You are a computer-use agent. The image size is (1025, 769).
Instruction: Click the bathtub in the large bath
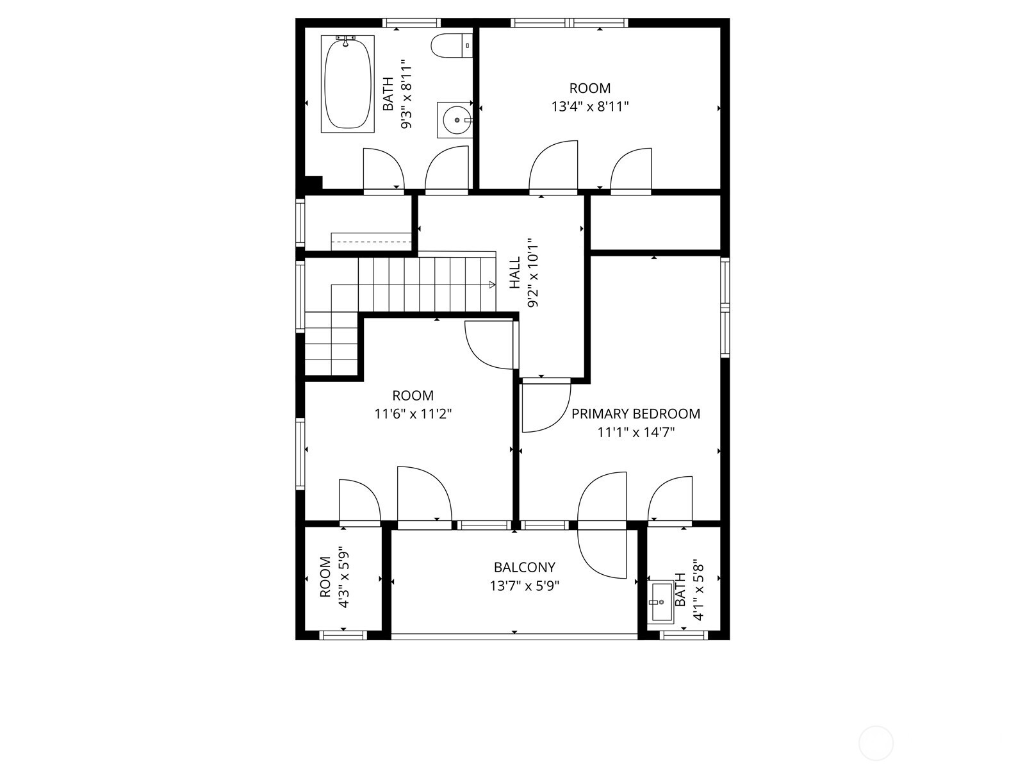point(347,84)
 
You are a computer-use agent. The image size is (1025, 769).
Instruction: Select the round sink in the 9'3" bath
point(455,120)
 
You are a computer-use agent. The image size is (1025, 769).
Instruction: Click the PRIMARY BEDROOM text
point(635,414)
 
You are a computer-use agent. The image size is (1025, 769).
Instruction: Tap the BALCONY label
point(524,567)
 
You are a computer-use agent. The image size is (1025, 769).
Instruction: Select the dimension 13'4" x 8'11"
point(590,106)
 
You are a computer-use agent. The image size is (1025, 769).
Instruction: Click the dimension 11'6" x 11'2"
point(413,414)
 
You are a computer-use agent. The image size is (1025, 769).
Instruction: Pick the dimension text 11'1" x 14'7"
point(635,433)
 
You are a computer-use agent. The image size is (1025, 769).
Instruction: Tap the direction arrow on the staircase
point(491,284)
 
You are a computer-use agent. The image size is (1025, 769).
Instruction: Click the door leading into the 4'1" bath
point(669,500)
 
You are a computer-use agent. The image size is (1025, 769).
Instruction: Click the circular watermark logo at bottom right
point(875,744)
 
